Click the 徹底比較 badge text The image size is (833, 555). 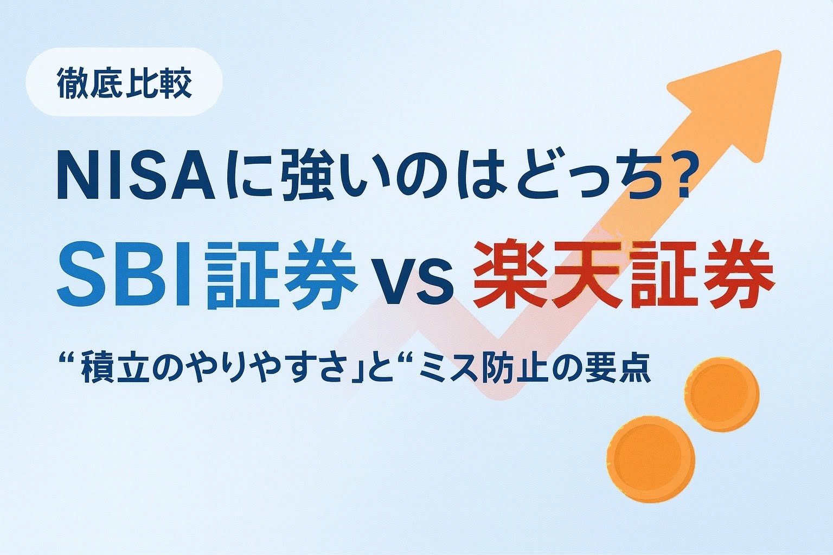[124, 83]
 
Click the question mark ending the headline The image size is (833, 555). [672, 175]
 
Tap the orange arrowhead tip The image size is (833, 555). [780, 52]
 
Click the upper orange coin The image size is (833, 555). [721, 394]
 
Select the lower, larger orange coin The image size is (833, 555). [650, 459]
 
